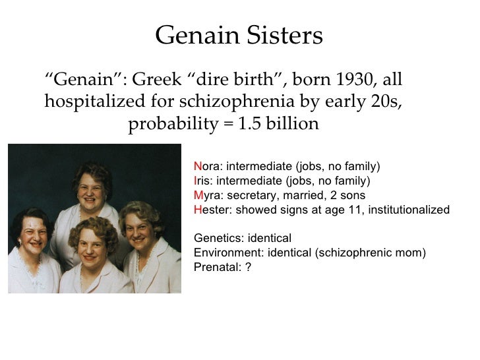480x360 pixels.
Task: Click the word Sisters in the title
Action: coord(285,35)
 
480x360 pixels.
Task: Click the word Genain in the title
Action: coord(197,35)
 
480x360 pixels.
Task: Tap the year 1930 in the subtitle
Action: coord(355,79)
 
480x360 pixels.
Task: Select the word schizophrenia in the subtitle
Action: coord(237,102)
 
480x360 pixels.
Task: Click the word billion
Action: coord(292,124)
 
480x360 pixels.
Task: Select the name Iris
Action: coord(203,181)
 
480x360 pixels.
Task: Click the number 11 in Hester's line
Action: coord(355,210)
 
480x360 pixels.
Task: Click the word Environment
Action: coord(229,253)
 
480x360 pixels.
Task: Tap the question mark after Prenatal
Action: coord(248,267)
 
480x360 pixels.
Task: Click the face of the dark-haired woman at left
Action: coord(34,233)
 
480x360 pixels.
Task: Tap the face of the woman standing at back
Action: coord(90,192)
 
